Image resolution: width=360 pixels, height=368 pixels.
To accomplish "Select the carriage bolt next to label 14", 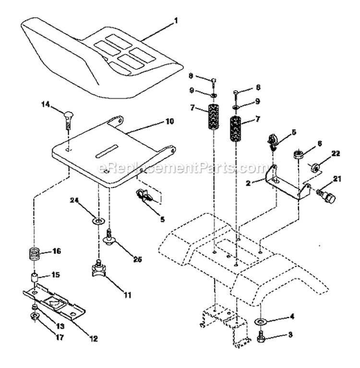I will pyautogui.click(x=68, y=118).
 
